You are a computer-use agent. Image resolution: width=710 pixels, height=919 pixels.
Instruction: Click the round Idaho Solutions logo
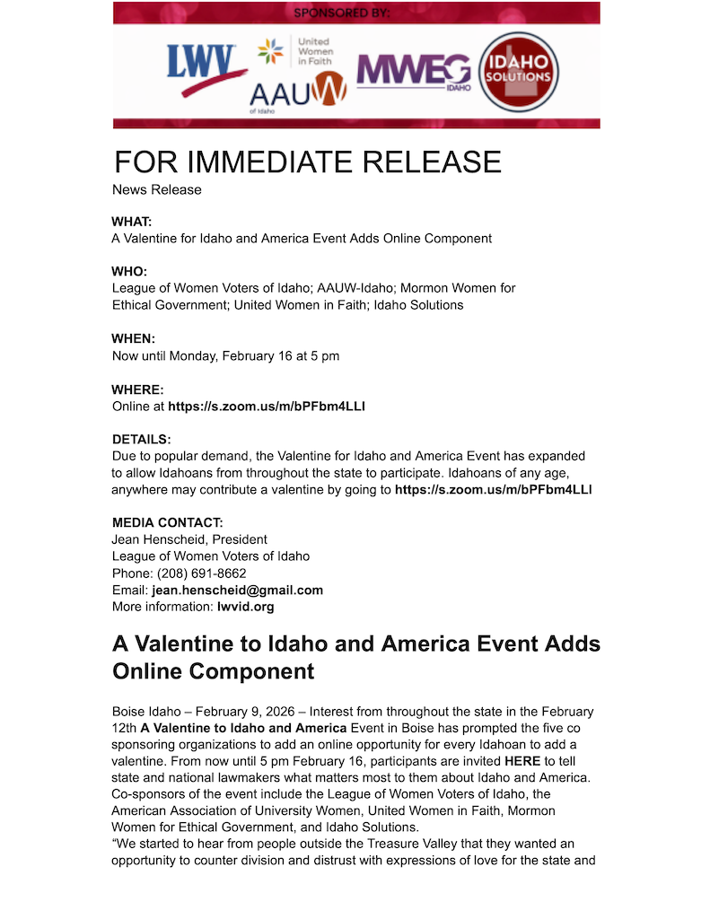(x=518, y=73)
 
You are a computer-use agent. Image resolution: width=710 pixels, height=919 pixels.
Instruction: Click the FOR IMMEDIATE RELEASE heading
(x=307, y=162)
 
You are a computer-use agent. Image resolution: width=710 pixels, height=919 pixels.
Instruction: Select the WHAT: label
(x=132, y=221)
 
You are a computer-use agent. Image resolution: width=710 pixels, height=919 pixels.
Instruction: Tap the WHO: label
(x=129, y=271)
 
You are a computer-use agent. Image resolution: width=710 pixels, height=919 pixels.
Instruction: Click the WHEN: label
(x=133, y=338)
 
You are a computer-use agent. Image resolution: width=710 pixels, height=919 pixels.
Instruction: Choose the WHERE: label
(x=138, y=389)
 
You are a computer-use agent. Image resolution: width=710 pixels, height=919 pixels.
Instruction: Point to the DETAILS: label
(x=141, y=440)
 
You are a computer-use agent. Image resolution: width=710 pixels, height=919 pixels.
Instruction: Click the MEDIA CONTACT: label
(x=168, y=522)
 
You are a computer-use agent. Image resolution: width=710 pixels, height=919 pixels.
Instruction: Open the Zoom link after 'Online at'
(x=266, y=406)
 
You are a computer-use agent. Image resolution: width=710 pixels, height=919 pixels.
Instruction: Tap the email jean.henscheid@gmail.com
(x=237, y=590)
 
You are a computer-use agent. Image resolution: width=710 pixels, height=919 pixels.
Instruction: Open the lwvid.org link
(x=245, y=607)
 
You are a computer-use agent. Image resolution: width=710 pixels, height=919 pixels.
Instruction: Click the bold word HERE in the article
(x=522, y=760)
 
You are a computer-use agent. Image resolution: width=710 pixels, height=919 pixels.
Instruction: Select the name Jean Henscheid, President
(x=189, y=539)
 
